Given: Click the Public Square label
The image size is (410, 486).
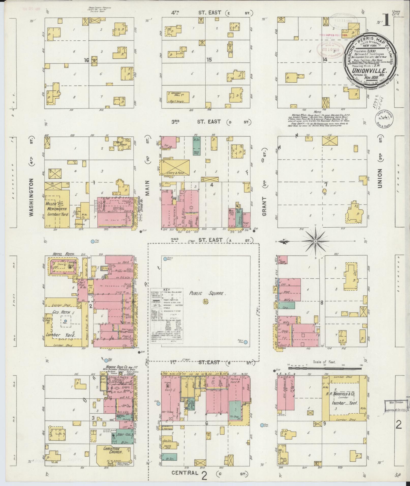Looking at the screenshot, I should (207, 293).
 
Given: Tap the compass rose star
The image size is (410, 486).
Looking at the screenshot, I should (315, 241).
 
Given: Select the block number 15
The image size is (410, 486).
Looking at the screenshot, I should (209, 60).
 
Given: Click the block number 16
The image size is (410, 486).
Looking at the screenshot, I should (86, 60).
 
